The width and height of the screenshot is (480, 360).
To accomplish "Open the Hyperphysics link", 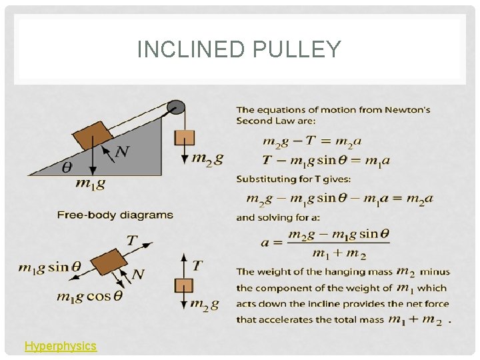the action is point(61,346).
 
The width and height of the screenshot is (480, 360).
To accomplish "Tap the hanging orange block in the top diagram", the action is point(184,137).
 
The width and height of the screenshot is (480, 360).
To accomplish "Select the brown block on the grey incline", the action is point(93,135).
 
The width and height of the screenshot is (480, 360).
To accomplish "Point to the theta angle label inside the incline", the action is point(67,168).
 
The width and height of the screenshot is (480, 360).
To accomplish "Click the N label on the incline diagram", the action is point(121,152).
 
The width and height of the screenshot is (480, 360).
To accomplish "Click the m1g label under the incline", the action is point(91,183).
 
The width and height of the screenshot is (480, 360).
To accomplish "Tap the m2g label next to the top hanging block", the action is point(207,159).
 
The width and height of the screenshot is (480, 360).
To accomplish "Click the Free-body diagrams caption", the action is point(115,215).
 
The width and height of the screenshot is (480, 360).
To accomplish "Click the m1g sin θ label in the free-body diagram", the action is point(50,267).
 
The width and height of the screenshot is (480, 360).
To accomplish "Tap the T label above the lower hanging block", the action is point(197,265).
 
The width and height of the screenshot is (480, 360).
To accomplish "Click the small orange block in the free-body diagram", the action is point(183,285).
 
